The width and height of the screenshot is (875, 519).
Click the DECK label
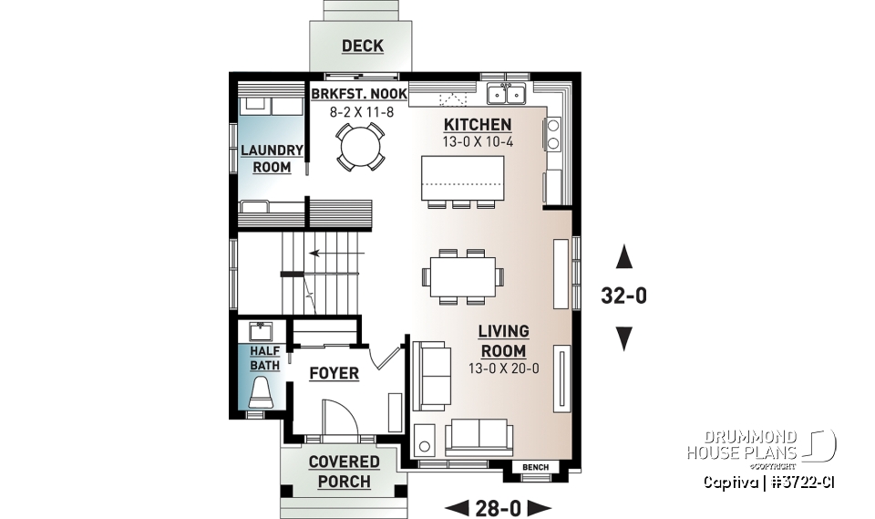coord(362,46)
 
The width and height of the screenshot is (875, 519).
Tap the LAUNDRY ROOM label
coord(272,159)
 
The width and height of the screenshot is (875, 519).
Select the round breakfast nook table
coord(357,147)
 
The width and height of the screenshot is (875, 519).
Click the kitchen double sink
coord(506,94)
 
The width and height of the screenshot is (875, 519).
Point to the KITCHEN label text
coord(477,124)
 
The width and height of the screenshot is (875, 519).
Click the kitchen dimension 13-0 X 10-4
coord(477,141)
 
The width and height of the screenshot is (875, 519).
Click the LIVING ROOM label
coord(503,341)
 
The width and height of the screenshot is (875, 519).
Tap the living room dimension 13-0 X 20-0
coord(503,368)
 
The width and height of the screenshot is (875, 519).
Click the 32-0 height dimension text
coord(624,297)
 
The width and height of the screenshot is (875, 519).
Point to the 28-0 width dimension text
coord(499,507)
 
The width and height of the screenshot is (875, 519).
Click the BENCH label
coord(535,468)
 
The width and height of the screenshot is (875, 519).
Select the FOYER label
coord(334,373)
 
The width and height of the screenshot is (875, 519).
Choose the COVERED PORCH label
coord(344,471)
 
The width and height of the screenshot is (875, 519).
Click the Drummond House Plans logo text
coord(742,444)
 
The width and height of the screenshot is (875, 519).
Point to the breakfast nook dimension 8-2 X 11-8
coord(357,112)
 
